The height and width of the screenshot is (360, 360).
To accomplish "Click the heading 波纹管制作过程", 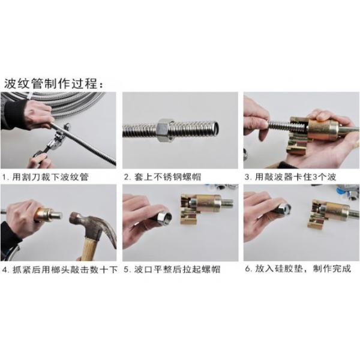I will (57, 82).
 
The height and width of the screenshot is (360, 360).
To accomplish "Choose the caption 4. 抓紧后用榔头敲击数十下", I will (60, 269).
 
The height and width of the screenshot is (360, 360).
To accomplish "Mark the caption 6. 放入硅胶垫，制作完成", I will (298, 269).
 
